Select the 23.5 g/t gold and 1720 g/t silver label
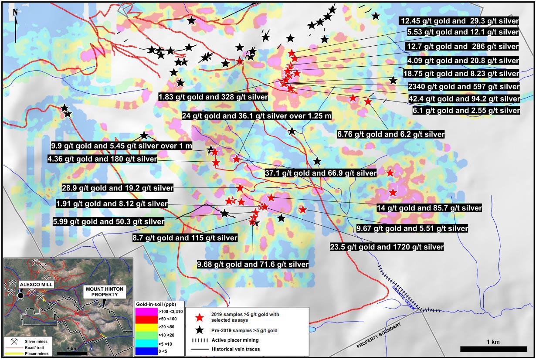click(387, 247)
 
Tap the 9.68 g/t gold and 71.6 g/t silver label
click(253, 264)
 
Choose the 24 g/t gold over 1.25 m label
click(257, 116)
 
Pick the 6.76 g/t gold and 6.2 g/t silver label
click(391, 134)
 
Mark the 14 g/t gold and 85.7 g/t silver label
click(429, 208)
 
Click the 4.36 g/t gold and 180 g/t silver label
click(102, 159)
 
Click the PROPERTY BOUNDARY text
click(379, 336)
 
